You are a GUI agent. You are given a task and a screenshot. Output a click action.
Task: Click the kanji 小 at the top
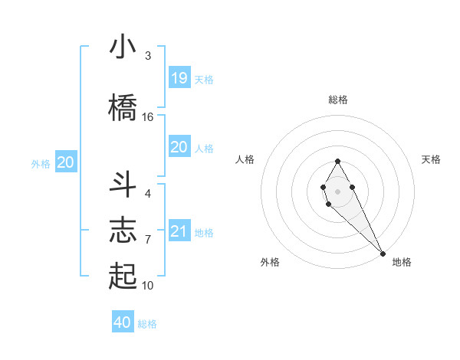(x=123, y=48)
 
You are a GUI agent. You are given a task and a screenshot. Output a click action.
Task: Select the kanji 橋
(x=123, y=107)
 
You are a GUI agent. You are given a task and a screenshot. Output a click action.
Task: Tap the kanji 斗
(x=123, y=185)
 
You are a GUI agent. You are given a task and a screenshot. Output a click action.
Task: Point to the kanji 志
(x=123, y=230)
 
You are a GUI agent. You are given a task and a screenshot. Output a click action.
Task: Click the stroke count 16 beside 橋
(x=148, y=117)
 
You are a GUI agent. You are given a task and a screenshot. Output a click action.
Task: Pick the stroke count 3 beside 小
(x=148, y=56)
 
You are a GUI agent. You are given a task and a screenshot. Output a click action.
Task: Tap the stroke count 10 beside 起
(x=148, y=286)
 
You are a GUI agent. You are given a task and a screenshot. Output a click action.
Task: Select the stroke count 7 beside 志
(x=148, y=240)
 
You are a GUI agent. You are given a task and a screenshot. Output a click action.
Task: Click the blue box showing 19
(x=179, y=77)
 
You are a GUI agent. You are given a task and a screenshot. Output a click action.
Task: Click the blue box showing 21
(x=179, y=231)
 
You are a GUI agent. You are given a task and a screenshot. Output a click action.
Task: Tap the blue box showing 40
(x=123, y=322)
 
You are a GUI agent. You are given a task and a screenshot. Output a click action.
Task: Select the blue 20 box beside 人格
(x=179, y=147)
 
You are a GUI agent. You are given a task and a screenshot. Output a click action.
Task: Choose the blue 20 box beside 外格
(x=66, y=162)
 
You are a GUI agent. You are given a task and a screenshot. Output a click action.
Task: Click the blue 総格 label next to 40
(x=147, y=324)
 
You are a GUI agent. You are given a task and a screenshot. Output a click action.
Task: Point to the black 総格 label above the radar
(x=337, y=100)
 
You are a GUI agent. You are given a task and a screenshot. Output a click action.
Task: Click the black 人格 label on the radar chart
(x=245, y=159)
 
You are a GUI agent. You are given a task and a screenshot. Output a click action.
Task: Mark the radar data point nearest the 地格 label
(x=383, y=254)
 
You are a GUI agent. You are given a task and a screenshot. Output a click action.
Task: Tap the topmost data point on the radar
(x=337, y=161)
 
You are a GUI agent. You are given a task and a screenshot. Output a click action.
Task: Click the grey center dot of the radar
(x=337, y=191)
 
